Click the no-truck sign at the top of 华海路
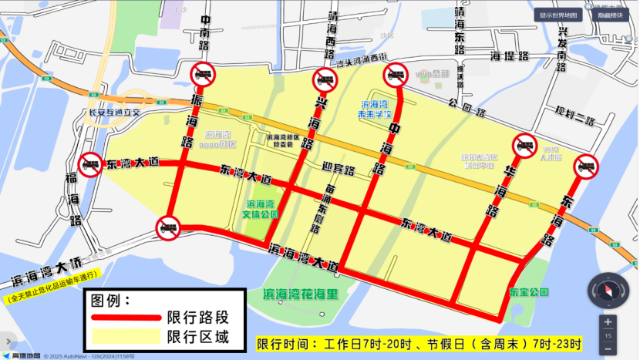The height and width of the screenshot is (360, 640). [524, 146]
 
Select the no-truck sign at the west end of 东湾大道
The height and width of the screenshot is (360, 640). [90, 164]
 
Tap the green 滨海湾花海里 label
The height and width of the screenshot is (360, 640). [307, 294]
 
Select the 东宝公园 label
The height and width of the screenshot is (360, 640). [528, 293]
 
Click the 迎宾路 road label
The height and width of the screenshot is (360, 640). [339, 170]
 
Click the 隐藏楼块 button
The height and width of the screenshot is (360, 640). [611, 15]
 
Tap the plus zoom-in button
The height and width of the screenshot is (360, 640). [608, 322]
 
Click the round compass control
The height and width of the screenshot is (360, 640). [608, 290]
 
